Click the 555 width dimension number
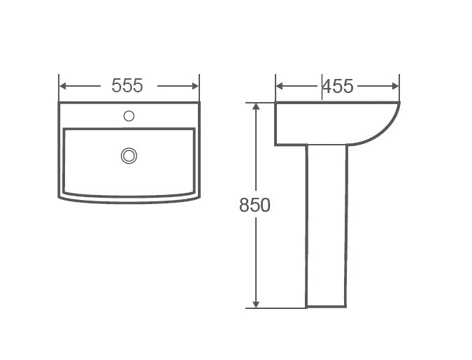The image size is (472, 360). [x=127, y=85]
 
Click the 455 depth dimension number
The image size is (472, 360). [x=338, y=87]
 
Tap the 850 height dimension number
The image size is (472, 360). [x=255, y=206]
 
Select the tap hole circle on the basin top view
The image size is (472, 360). [x=129, y=116]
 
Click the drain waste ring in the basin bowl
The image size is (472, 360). [x=129, y=156]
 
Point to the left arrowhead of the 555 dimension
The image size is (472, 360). [x=63, y=86]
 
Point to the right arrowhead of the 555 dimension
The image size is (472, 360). [x=195, y=86]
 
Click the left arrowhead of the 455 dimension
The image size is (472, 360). [x=279, y=87]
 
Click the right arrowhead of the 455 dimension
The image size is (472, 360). [x=395, y=87]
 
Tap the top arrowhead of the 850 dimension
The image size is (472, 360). [x=256, y=106]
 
